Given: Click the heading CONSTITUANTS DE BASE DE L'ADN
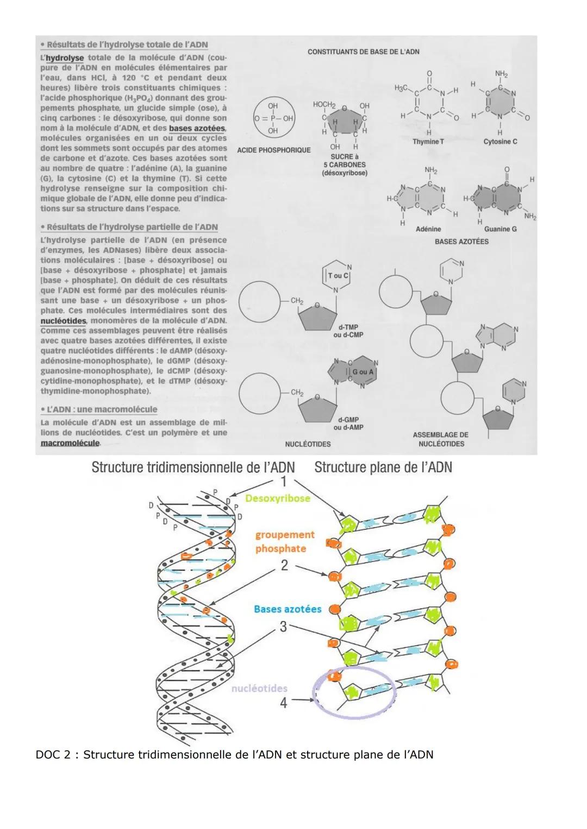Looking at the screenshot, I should (363, 52).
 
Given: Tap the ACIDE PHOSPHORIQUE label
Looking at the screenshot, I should (274, 150).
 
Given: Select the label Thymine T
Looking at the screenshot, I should (428, 142).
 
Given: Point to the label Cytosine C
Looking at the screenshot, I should (500, 142).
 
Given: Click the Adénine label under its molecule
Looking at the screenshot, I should (428, 229).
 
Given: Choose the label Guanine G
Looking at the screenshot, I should (500, 229).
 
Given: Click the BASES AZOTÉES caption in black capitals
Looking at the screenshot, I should (461, 242).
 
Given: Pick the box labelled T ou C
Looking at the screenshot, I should (338, 276).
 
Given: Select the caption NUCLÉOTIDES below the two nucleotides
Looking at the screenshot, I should (308, 444).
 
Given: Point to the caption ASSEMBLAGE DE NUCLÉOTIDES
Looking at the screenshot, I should (440, 439).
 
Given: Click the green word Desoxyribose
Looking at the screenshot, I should (278, 498).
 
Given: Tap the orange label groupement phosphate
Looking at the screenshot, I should (285, 542).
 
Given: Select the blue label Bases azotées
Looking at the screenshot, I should (288, 609).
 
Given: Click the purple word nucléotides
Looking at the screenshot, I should (259, 688).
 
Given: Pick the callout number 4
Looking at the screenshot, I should (283, 703).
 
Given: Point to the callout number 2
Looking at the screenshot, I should (284, 565).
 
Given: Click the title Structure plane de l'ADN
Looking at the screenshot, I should (383, 467).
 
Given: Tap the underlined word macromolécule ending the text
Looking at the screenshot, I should (70, 443).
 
